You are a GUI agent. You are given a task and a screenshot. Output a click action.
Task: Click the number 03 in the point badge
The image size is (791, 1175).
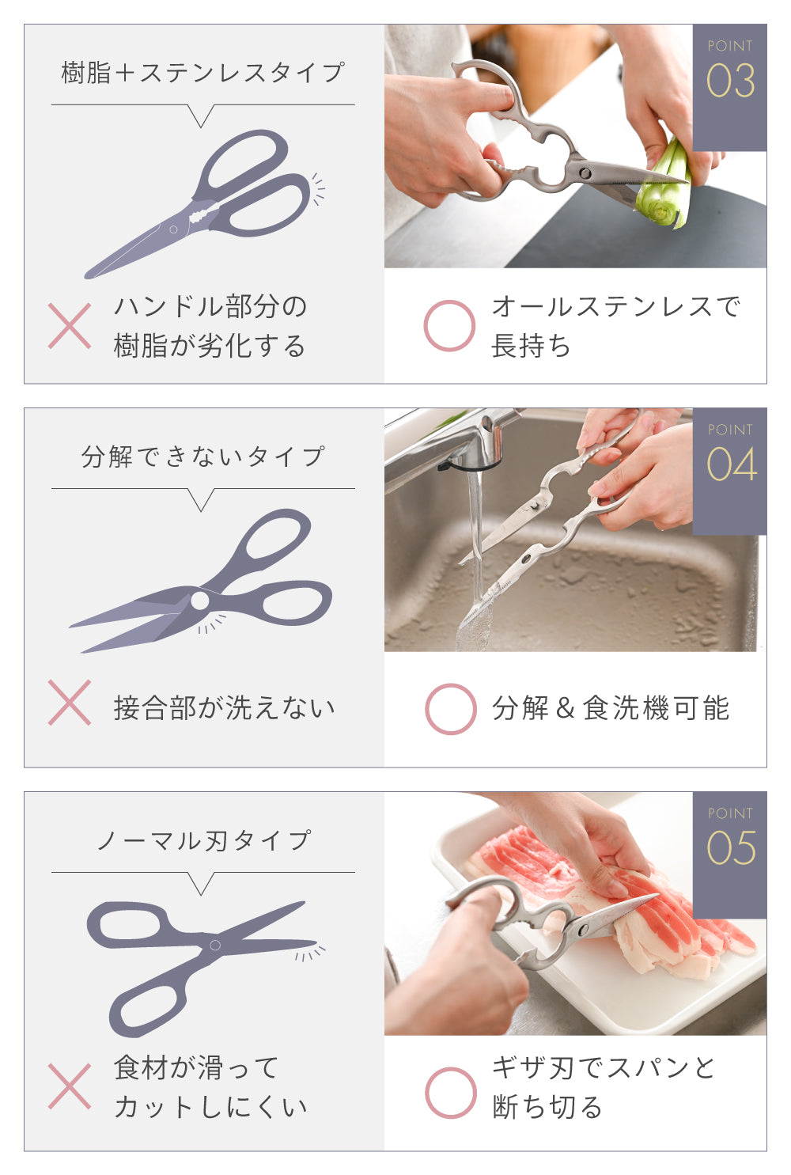coord(730,81)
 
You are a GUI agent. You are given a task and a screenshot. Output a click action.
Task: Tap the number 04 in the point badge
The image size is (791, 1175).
coord(731,464)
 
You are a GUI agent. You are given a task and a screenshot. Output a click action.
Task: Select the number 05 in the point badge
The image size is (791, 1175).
coord(731,848)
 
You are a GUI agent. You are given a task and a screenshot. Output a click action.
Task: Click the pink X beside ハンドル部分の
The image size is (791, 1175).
coord(70,326)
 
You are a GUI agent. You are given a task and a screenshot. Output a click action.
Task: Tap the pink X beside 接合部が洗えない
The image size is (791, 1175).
coord(70,703)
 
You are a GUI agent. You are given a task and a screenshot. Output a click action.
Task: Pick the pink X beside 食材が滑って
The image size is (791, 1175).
coord(70,1086)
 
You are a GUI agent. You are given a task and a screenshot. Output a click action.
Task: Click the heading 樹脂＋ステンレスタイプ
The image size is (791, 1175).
coord(203,72)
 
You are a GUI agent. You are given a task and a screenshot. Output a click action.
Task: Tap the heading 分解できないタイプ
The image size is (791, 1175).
coord(203,457)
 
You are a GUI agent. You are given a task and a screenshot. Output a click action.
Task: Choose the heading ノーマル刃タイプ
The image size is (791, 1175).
coord(204,840)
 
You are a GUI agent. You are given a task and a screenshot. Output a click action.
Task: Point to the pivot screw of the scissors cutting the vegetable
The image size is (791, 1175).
coord(585,172)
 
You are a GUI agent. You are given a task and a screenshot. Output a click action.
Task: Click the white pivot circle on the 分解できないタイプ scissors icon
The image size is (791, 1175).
coord(200,601)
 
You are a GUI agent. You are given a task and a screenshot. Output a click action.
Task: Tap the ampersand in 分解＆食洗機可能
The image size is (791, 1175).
coord(566,709)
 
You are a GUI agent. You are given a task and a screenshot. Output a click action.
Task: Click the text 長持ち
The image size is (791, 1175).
coord(531,347)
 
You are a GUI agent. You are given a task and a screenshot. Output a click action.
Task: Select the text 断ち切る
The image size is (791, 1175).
coord(547,1107)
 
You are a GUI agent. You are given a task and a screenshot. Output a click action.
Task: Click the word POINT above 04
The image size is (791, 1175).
coord(730,430)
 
